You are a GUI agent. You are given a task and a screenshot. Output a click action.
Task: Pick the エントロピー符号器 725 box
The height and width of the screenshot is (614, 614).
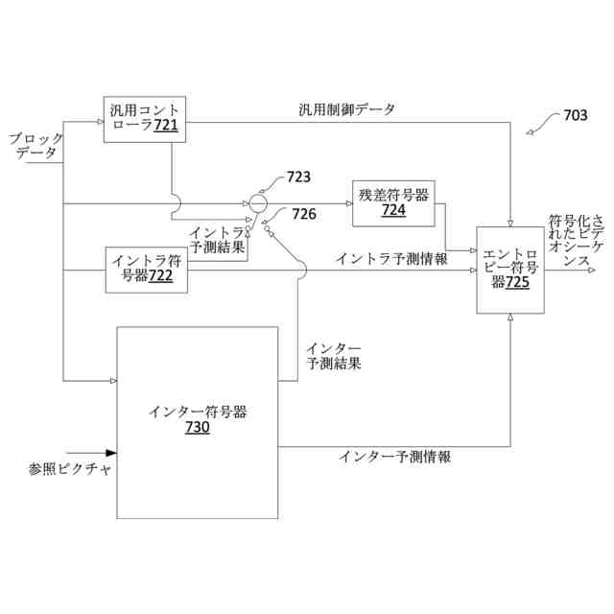click(510, 270)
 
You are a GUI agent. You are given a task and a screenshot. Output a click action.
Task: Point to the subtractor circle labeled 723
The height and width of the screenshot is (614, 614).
click(257, 203)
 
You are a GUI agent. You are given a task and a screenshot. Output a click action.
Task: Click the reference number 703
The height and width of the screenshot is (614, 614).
click(575, 116)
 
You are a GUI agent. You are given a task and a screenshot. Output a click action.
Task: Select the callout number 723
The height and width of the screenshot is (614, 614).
click(298, 178)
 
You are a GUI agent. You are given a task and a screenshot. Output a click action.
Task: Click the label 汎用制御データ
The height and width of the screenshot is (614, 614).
click(346, 108)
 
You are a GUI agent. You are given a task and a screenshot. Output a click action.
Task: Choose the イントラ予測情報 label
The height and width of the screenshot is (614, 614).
click(391, 258)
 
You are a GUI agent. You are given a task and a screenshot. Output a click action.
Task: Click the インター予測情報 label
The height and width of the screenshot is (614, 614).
click(394, 457)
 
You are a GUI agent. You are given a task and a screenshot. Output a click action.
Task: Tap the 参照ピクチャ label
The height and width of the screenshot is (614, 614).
click(70, 470)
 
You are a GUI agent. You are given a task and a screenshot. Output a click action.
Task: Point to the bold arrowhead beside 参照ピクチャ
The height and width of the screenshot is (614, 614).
click(110, 453)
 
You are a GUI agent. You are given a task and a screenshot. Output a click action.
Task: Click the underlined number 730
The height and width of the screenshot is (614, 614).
click(198, 429)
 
